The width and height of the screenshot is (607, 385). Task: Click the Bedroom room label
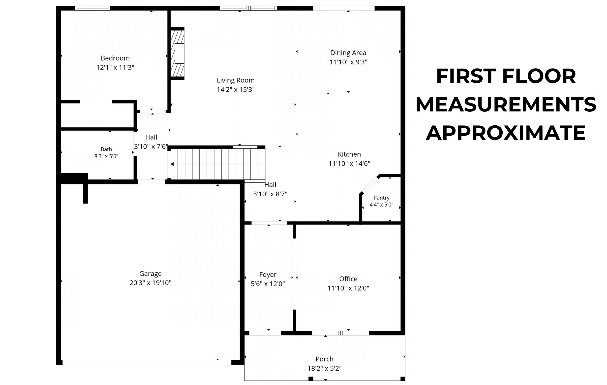point(115,58)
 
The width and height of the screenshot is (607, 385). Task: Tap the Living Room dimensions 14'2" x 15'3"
point(236,90)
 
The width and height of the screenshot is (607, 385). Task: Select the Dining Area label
point(348,53)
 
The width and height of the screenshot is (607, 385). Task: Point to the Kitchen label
point(349,154)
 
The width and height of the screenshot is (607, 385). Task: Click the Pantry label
point(381,198)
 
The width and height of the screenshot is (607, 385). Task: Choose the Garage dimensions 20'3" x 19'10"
point(151,283)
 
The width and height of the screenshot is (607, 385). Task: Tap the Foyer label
point(268,275)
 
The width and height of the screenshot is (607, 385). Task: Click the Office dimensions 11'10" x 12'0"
point(348,288)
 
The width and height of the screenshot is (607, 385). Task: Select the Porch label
point(324,359)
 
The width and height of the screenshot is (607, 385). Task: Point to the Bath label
point(106,149)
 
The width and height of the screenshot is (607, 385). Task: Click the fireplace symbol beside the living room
point(178,53)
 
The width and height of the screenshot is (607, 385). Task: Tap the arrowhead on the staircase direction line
point(172,164)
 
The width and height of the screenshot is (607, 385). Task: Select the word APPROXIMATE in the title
point(506,133)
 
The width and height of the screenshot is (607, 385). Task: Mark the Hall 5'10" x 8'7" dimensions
point(270,194)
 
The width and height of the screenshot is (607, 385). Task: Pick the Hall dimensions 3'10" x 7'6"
point(151,147)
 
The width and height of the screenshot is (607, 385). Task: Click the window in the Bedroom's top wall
point(92,8)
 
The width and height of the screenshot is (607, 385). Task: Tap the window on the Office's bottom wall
point(340,333)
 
